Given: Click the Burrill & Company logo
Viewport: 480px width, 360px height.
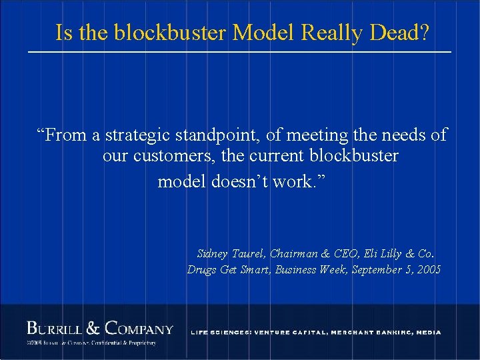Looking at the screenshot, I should [x=99, y=329].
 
